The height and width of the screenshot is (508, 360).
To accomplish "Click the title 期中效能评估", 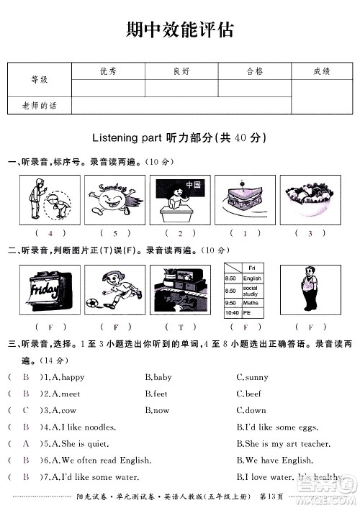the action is pos(179,30).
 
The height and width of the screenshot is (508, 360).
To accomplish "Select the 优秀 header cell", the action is pos(109,71).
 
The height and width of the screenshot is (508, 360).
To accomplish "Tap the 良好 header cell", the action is pos(181,71).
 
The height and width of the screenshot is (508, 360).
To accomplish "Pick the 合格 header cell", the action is pos(255,71).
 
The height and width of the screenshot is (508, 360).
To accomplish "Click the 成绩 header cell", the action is pos(322,71).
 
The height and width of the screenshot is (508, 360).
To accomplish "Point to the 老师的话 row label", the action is pos(39,106).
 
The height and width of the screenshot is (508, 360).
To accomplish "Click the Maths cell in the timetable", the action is pos(252,303).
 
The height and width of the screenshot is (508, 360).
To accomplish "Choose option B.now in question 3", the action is pos(157,410).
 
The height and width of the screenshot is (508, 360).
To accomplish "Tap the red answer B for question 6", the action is pos(26,461).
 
